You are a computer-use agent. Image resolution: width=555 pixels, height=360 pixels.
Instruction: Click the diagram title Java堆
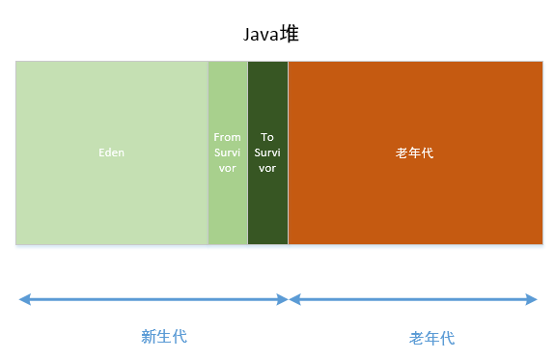pyautogui.click(x=276, y=36)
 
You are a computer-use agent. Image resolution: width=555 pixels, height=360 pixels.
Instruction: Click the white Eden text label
pyautogui.click(x=112, y=152)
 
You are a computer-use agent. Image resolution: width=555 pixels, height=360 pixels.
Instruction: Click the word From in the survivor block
pyautogui.click(x=228, y=137)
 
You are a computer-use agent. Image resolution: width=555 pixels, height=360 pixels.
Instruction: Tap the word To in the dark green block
pyautogui.click(x=267, y=137)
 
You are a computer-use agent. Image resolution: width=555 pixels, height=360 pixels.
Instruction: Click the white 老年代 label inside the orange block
pyautogui.click(x=415, y=152)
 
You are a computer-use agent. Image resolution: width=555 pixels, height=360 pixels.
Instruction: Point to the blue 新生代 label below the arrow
pyautogui.click(x=163, y=336)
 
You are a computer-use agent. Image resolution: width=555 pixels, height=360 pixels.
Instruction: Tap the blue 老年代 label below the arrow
pyautogui.click(x=431, y=338)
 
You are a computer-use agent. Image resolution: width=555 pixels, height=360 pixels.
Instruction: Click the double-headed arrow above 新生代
pyautogui.click(x=153, y=299)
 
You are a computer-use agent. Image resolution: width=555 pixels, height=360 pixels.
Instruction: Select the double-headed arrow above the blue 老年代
pyautogui.click(x=413, y=299)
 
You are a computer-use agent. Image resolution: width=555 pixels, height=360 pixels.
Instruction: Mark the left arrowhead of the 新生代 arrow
pyautogui.click(x=23, y=299)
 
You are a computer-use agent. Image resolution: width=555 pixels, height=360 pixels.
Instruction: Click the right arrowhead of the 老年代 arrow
pyautogui.click(x=532, y=299)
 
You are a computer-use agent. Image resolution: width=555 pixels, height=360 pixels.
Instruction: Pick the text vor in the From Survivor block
pyautogui.click(x=228, y=168)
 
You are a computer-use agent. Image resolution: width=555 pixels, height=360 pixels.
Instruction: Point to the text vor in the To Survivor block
pyautogui.click(x=267, y=168)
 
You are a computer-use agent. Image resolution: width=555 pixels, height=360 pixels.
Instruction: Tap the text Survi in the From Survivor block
pyautogui.click(x=228, y=152)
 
